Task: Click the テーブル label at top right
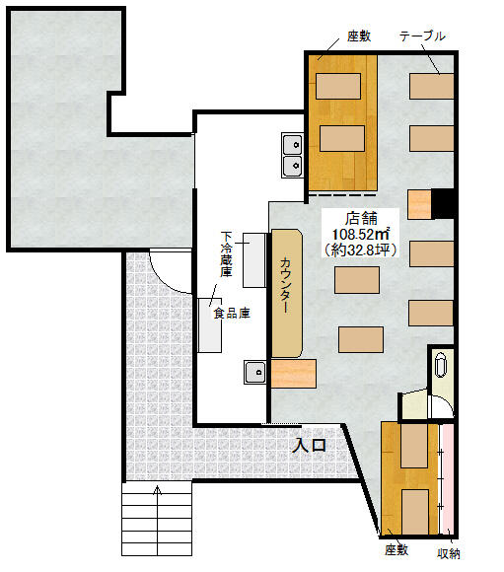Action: [422, 36]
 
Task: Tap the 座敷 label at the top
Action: [359, 36]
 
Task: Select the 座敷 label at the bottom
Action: [396, 549]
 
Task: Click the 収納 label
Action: [449, 553]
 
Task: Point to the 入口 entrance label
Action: [311, 445]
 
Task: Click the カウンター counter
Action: [286, 293]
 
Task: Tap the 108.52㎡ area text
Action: [360, 234]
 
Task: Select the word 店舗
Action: [361, 218]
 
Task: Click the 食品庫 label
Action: [232, 313]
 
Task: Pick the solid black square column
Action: [442, 203]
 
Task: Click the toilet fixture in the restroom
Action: [441, 364]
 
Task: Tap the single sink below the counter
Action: [255, 372]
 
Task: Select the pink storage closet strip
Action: [446, 479]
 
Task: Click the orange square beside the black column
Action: [419, 204]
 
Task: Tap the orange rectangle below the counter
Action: [293, 373]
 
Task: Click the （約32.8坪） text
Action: [360, 250]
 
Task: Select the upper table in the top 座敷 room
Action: [338, 86]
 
